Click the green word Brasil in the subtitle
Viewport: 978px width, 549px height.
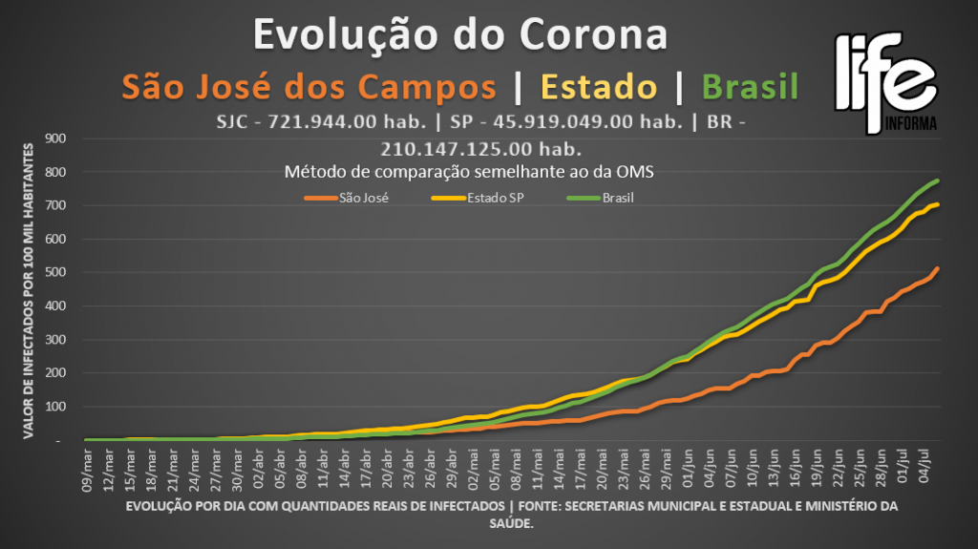pos(750,87)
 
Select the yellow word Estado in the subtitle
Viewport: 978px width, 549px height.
pos(599,87)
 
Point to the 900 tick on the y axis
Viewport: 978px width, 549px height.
pos(53,138)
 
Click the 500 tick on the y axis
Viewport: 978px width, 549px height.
pos(53,273)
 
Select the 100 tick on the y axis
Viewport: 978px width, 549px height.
pos(53,408)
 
